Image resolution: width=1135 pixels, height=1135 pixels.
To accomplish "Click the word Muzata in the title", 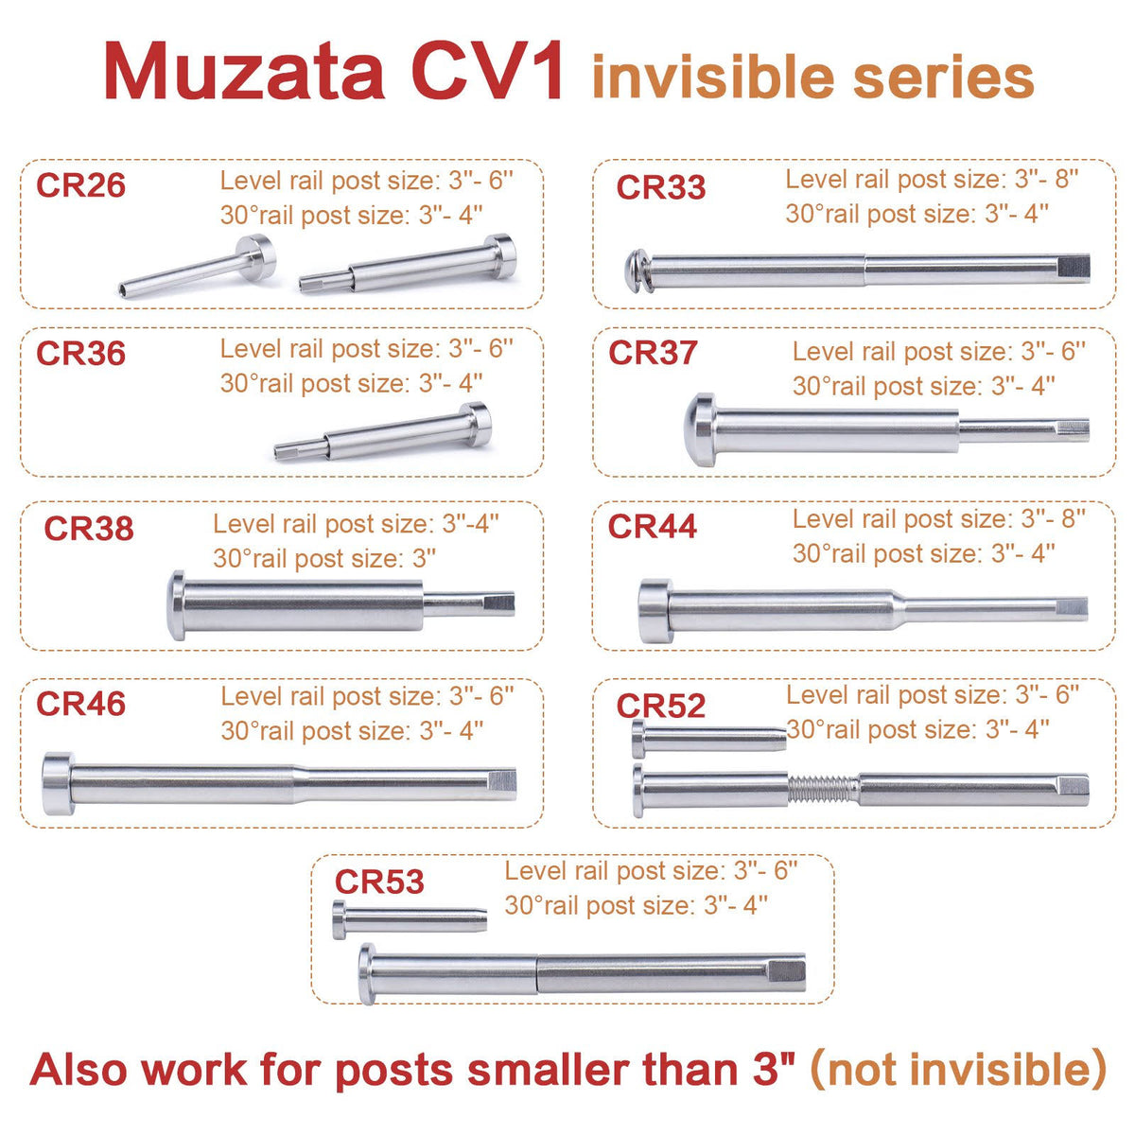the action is [x=244, y=72].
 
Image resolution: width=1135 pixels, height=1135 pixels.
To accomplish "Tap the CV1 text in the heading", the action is [x=487, y=72].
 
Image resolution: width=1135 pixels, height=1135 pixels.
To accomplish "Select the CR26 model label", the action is [x=80, y=185].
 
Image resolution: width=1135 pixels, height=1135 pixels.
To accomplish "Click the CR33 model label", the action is [x=661, y=187].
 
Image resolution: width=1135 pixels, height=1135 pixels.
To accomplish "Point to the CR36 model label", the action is [x=80, y=353].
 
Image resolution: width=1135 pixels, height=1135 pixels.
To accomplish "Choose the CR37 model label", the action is [x=653, y=352].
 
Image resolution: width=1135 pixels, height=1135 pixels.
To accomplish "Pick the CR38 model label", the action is [x=89, y=528].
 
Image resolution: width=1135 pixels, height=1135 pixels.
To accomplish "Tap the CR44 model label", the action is [x=652, y=526].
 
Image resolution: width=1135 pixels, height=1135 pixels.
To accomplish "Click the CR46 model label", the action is [x=80, y=704].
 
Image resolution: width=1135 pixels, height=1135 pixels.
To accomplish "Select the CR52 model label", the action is [x=661, y=705].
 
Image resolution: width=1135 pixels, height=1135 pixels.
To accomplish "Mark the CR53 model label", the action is [x=379, y=882].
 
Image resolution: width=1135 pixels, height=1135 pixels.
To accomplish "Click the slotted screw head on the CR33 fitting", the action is [x=637, y=271].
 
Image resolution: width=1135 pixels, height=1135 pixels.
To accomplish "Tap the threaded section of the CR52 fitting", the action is [x=823, y=789].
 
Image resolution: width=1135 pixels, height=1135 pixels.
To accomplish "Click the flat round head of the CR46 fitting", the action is [x=59, y=783].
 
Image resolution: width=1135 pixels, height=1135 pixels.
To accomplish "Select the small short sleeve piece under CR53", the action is [x=410, y=919].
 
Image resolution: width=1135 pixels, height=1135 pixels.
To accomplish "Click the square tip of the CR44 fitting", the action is [x=1072, y=608].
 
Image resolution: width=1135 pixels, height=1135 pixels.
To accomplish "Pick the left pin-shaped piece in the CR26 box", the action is [x=198, y=266].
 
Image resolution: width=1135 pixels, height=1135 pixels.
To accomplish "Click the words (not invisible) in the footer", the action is [x=959, y=1068].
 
